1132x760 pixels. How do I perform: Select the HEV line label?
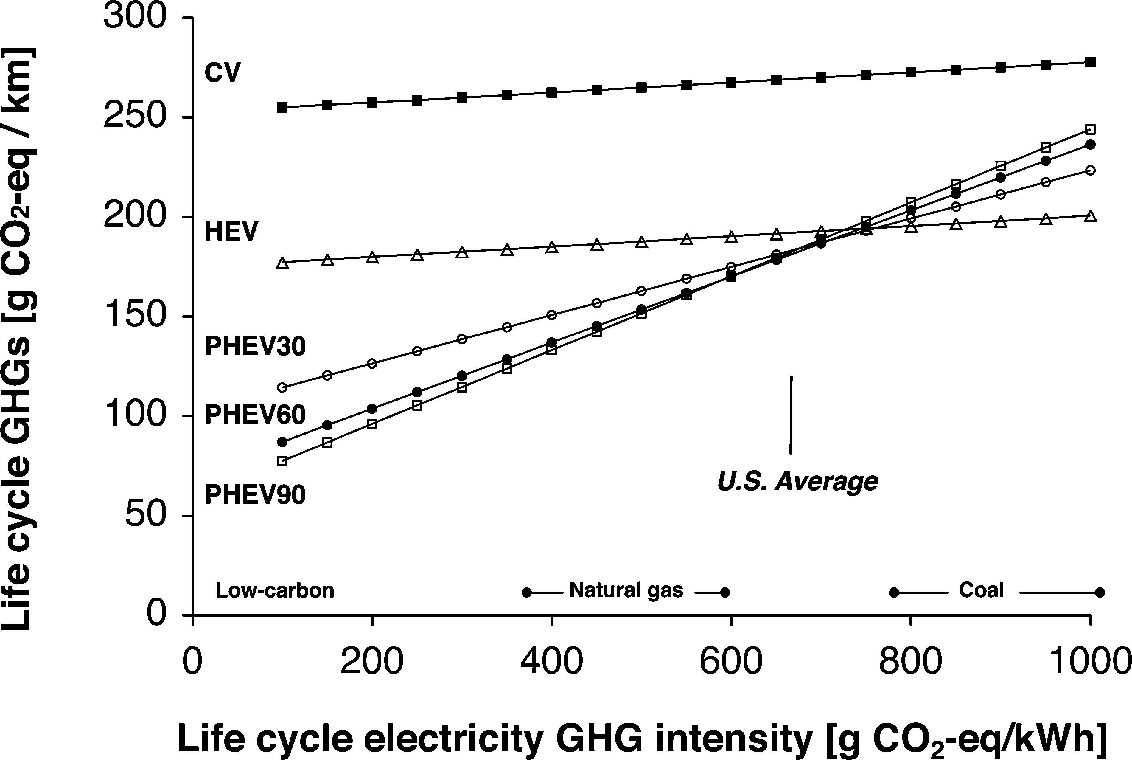pyautogui.click(x=231, y=232)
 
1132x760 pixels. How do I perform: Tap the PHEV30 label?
pyautogui.click(x=255, y=347)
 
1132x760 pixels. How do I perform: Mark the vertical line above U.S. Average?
pyautogui.click(x=791, y=415)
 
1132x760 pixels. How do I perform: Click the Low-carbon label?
pyautogui.click(x=275, y=590)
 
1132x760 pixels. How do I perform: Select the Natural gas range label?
pyautogui.click(x=626, y=590)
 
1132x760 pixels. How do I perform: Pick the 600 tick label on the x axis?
pyautogui.click(x=731, y=662)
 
